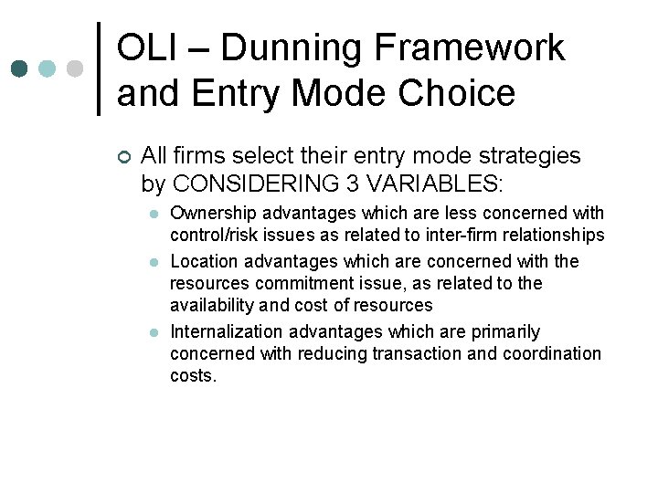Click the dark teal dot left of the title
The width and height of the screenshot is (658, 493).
click(19, 68)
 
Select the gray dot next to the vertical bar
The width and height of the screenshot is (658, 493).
click(75, 68)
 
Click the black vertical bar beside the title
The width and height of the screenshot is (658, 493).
click(99, 68)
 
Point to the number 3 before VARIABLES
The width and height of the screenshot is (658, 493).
click(354, 183)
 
